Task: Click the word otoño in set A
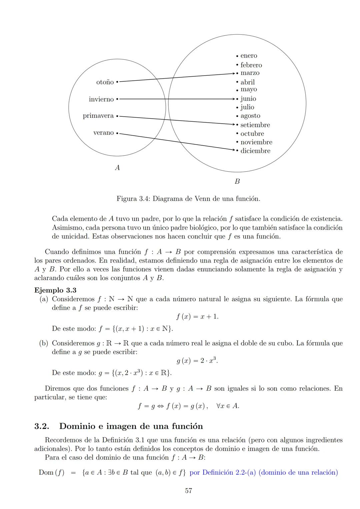(x=105, y=82)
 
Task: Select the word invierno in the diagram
(x=101, y=99)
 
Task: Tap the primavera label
(x=98, y=116)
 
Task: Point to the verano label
(x=103, y=133)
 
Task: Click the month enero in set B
(x=249, y=56)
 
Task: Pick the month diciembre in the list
(x=255, y=151)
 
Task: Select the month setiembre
(x=255, y=125)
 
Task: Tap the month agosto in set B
(x=250, y=116)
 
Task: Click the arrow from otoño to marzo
(x=177, y=77)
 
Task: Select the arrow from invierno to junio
(x=177, y=99)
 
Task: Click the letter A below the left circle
(x=117, y=168)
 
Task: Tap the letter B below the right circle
(x=237, y=182)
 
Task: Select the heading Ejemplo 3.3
(x=55, y=290)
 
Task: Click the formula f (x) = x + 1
(x=197, y=317)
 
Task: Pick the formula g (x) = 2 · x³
(x=197, y=361)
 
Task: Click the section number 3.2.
(x=42, y=426)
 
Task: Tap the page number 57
(x=188, y=491)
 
